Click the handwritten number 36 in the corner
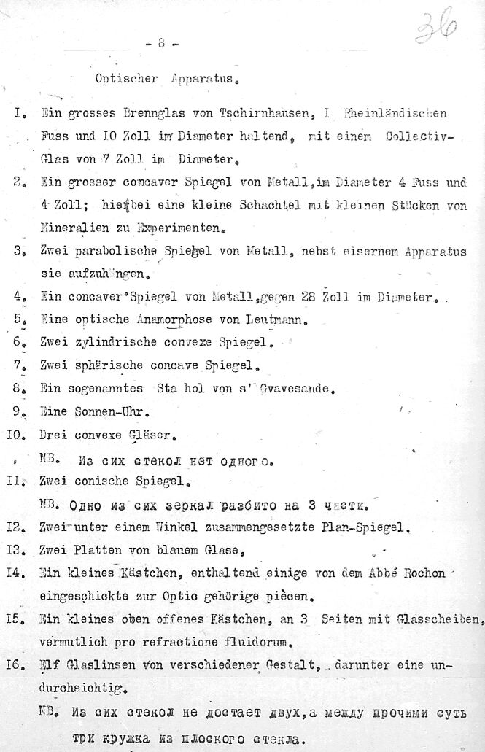(x=438, y=28)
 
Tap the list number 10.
(x=18, y=435)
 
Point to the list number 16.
(x=18, y=665)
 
